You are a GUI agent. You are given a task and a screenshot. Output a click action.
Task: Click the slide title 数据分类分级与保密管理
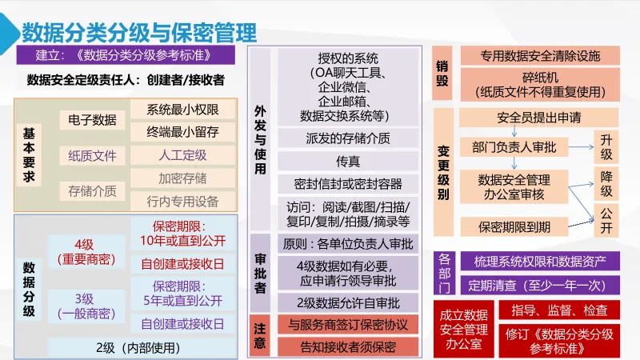139,33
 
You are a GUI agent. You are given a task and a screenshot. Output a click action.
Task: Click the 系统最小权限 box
182,110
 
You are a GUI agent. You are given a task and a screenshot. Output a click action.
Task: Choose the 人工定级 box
182,155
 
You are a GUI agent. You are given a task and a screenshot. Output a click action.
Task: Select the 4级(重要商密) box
84,252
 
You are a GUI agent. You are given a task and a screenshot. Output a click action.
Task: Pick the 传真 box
348,161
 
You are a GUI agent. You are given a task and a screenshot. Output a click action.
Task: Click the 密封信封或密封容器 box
348,184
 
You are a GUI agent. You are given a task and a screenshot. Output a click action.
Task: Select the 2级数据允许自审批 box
348,302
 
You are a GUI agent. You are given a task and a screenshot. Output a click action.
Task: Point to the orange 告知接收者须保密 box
348,347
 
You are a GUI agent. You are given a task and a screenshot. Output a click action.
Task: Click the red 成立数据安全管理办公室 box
463,329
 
